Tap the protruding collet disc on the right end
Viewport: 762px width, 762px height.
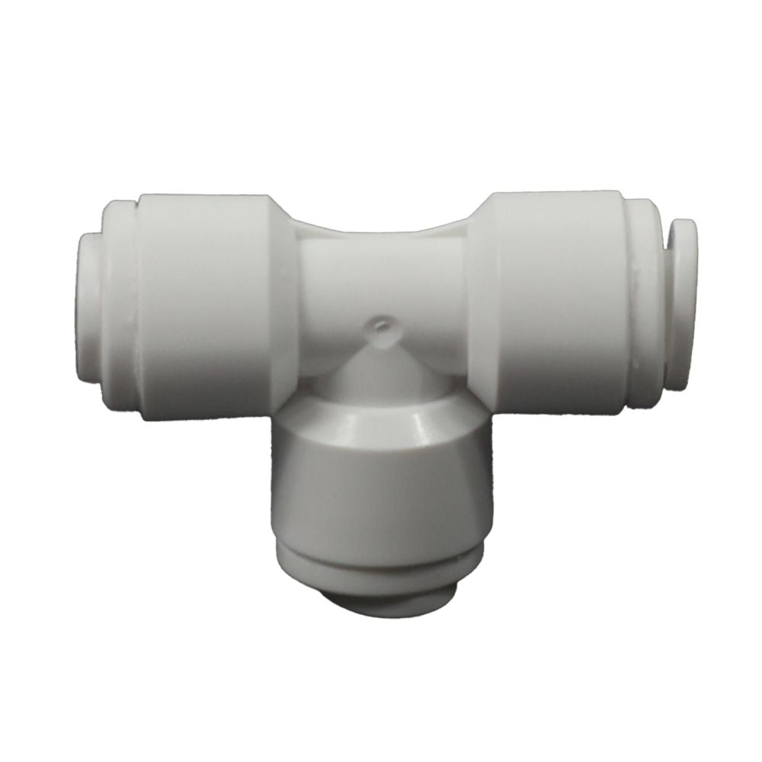point(682,305)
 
